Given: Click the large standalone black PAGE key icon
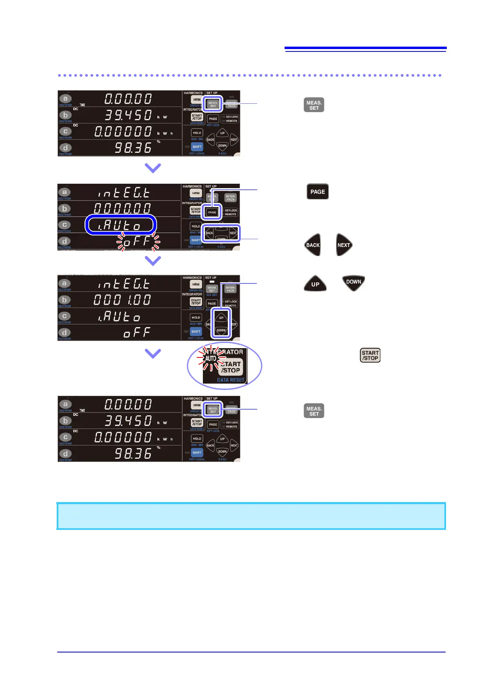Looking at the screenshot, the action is [x=318, y=192].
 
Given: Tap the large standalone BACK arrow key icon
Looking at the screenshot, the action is [x=312, y=245].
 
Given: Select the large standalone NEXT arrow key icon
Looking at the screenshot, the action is [x=344, y=245].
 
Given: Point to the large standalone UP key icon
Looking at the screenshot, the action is [x=315, y=284].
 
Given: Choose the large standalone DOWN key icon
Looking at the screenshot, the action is [x=353, y=282].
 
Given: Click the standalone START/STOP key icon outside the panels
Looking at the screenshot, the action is [x=370, y=355].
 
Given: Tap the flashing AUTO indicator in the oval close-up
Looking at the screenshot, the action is [x=211, y=358].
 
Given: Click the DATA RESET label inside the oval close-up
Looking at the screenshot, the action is [x=230, y=380].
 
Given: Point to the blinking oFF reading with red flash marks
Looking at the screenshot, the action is [x=137, y=241].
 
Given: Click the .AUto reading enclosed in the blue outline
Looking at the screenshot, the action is [x=120, y=225].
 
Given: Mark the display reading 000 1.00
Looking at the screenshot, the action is [x=122, y=300].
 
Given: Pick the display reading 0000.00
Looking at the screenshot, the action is [x=122, y=208].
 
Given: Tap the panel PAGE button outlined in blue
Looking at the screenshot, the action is [x=212, y=212].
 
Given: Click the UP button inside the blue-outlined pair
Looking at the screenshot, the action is [x=221, y=318].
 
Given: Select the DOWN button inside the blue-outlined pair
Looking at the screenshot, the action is [x=221, y=330].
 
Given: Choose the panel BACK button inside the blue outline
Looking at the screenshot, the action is [x=210, y=233].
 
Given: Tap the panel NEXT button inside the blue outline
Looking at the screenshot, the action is [x=233, y=233].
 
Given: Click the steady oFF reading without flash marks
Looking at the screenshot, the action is [x=137, y=332].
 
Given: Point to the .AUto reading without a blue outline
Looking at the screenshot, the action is [x=120, y=317].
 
